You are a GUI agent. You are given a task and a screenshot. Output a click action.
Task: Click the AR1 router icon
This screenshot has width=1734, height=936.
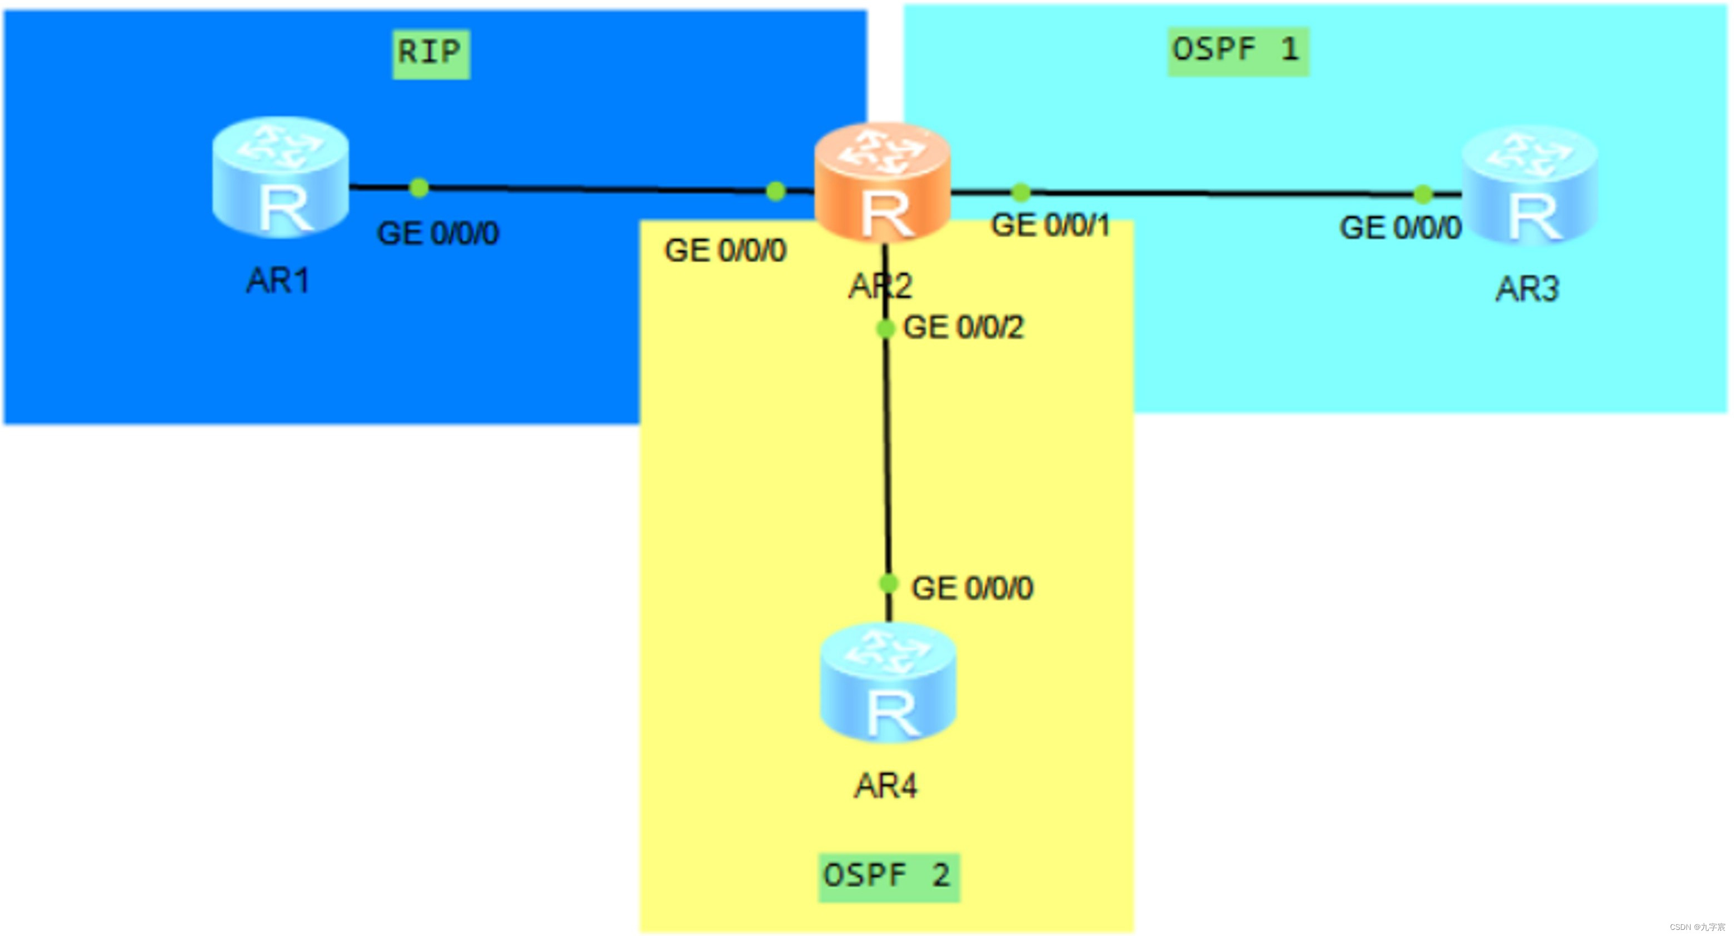point(280,178)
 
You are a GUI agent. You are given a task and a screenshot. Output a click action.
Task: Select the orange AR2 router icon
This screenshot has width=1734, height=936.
point(882,183)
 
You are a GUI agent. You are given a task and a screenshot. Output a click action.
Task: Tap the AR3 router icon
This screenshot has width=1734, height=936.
point(1529,185)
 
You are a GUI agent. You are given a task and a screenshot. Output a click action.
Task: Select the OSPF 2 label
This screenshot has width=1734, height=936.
point(889,876)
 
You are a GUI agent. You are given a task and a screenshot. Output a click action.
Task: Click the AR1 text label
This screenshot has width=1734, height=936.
point(277,281)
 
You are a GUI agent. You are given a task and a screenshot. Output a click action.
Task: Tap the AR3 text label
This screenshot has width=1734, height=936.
point(1527,290)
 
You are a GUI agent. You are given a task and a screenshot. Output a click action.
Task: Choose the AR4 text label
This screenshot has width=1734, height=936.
point(885,786)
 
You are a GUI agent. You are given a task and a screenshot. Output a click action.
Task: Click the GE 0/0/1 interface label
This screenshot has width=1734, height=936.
point(1050,226)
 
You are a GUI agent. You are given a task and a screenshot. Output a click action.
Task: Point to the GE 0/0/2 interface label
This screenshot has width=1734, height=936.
point(963,328)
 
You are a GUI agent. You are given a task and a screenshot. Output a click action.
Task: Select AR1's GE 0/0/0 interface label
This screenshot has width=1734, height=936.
point(437,233)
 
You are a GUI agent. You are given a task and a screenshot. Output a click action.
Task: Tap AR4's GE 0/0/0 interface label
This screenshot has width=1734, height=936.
point(971,589)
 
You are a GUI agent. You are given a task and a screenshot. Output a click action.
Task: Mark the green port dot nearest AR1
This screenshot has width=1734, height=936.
point(418,188)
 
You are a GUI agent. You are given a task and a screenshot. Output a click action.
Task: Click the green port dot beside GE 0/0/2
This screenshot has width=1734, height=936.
point(885,328)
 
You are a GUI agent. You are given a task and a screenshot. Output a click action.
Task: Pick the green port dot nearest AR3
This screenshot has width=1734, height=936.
point(1422,195)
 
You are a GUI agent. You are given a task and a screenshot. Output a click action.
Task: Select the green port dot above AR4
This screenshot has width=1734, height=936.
point(889,583)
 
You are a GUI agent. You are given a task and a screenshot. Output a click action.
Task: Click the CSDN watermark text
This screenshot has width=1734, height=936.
point(1697,927)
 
